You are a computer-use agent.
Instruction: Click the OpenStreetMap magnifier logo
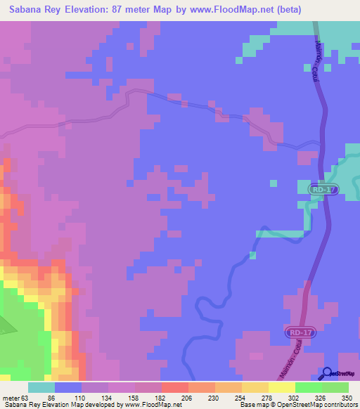[327, 373]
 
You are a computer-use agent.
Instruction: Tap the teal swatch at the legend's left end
[41, 387]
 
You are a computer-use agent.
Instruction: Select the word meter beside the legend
[11, 397]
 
